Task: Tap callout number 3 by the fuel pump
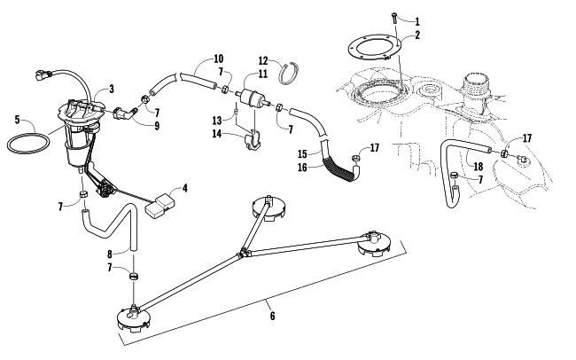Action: (x=111, y=90)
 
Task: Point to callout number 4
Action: (x=184, y=188)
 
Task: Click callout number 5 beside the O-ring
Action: (x=17, y=119)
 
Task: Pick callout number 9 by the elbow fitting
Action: (x=156, y=127)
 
